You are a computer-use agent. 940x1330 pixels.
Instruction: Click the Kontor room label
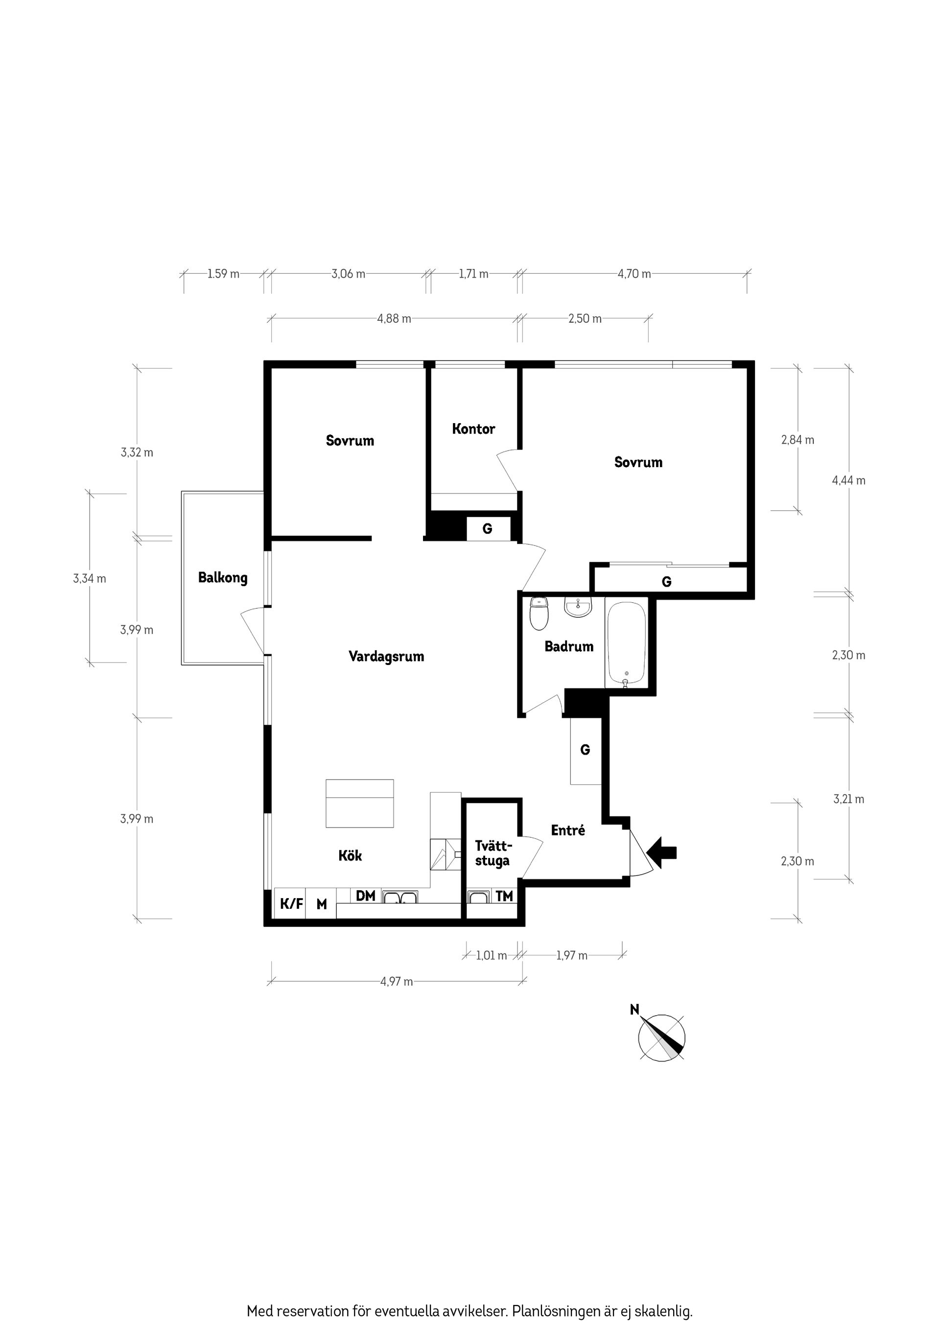pyautogui.click(x=473, y=429)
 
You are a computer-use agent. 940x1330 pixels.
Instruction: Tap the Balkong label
pyautogui.click(x=222, y=578)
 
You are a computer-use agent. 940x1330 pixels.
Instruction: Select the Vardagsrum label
pyautogui.click(x=386, y=656)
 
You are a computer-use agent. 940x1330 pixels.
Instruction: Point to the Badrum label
pyautogui.click(x=569, y=646)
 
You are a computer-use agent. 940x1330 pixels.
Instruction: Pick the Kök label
pyautogui.click(x=350, y=855)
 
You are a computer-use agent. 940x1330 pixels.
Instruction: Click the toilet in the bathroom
pyautogui.click(x=539, y=614)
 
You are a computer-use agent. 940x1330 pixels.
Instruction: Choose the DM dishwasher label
pyautogui.click(x=365, y=896)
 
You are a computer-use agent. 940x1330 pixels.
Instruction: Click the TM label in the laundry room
pyautogui.click(x=504, y=896)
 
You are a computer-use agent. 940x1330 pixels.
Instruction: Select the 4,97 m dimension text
pyautogui.click(x=397, y=981)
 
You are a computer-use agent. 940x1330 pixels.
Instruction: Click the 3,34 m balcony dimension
pyautogui.click(x=89, y=578)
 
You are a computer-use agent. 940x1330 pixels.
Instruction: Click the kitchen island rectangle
pyautogui.click(x=360, y=803)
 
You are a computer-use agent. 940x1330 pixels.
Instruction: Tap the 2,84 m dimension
pyautogui.click(x=798, y=440)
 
